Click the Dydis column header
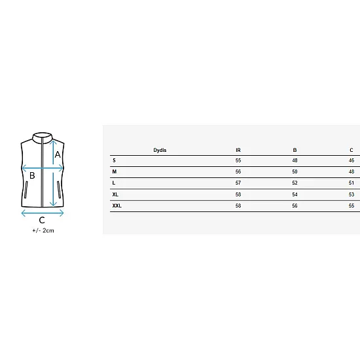coord(160,150)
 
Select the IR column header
coord(238,150)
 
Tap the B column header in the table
coord(295,150)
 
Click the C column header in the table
coord(351,150)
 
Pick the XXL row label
coord(117,206)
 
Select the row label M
coord(115,171)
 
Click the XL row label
coord(115,194)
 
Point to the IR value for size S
coord(238,160)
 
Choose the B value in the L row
coord(295,183)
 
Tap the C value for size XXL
coord(351,206)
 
